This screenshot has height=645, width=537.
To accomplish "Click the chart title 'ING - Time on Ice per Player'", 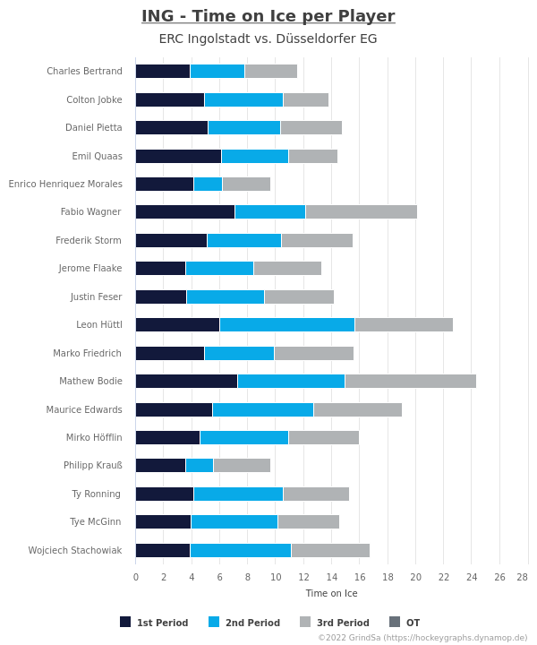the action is pos(268,16).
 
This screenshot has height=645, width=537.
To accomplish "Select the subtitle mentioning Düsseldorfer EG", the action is pos(268,39).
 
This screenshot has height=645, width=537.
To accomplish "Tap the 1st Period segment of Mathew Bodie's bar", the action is pos(186,381).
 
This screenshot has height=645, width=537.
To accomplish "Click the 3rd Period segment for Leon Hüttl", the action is pos(404,324).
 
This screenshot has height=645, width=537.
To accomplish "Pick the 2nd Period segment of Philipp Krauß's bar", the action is pos(200,465).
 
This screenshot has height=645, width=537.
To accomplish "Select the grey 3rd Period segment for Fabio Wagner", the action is pos(362,211).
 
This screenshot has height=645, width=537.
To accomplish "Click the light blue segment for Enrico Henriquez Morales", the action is pos(208,184).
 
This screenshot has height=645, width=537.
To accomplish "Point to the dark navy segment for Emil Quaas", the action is pos(179,156).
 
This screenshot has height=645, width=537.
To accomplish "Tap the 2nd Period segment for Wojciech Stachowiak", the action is pos(241,550).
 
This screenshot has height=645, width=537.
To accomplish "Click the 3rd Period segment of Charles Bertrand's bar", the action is pos(271,71).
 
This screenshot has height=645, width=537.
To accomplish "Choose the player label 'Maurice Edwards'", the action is pos(84,409).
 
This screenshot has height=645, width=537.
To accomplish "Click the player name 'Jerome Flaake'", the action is pos(90,268).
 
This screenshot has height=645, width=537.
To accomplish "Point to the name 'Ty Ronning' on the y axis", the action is pos(96,494).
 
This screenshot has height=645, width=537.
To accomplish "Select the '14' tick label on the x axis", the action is pos(331,577).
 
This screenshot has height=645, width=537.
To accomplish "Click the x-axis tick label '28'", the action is pos(522,577).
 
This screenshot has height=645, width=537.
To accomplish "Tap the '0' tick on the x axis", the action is pos(136,577).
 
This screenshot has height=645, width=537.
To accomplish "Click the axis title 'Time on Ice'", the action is pos(331,593).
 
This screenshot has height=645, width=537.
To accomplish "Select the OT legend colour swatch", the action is pos(395,622).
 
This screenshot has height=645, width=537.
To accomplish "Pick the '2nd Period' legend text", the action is pos(252,623).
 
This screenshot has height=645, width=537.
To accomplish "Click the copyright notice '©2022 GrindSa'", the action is pos(349,638).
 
